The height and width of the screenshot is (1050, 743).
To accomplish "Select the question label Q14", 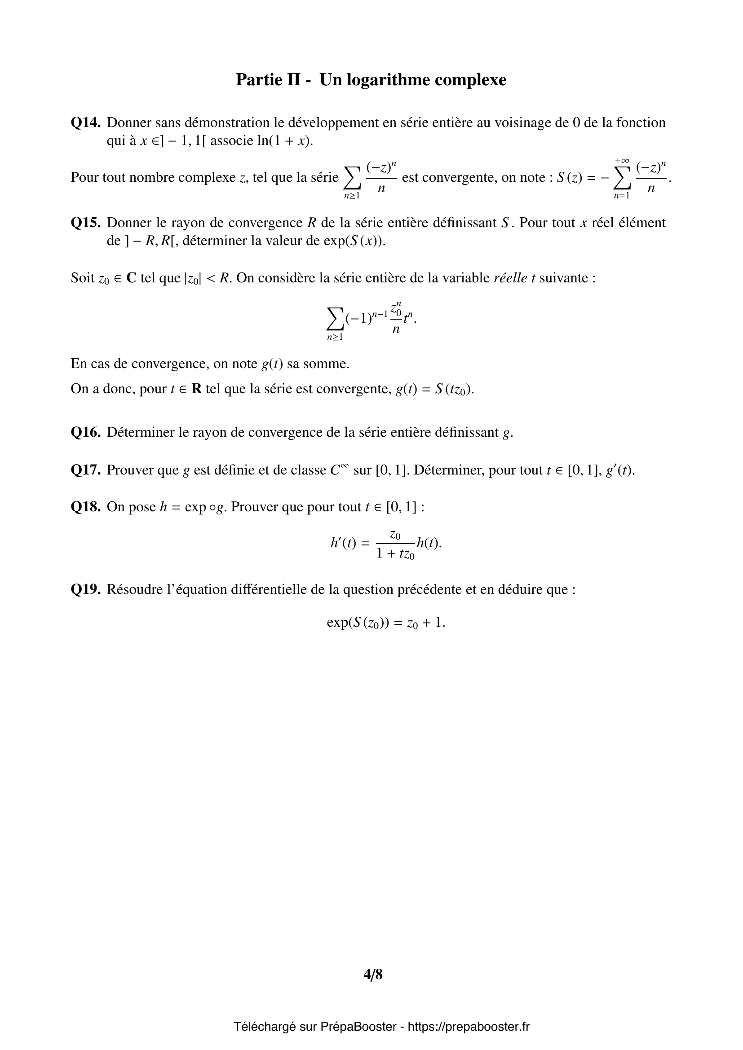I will click(x=85, y=123).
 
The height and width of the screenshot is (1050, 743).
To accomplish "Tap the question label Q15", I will click(x=85, y=223).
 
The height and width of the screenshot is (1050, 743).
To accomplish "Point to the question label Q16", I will click(x=85, y=432).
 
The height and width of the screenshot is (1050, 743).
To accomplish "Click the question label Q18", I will click(x=85, y=507).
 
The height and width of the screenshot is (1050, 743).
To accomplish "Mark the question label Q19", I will click(x=85, y=589).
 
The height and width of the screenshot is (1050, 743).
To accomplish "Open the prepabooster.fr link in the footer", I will click(x=469, y=1027).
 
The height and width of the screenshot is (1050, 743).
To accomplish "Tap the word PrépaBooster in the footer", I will click(x=358, y=1027).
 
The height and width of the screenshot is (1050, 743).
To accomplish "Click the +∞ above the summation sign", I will click(x=622, y=161).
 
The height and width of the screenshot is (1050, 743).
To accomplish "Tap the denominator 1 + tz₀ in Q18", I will click(x=395, y=554).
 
